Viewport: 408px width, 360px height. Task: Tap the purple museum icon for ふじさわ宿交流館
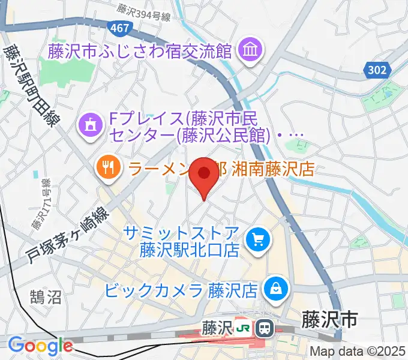pyautogui.click(x=248, y=51)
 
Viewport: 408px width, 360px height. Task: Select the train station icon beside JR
pyautogui.click(x=263, y=328)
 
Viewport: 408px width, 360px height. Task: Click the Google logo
pyautogui.click(x=40, y=346)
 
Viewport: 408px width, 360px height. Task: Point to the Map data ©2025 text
pyautogui.click(x=358, y=352)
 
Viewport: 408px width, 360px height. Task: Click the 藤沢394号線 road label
pyautogui.click(x=145, y=10)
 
